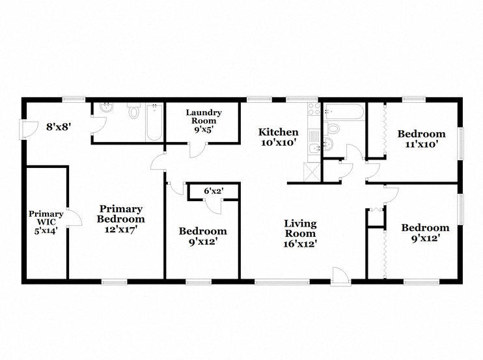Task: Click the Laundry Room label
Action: (x=204, y=117)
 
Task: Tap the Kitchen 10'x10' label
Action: (x=279, y=137)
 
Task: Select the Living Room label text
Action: (x=300, y=228)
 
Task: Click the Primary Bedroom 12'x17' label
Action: (x=121, y=219)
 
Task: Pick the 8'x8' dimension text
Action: (x=59, y=126)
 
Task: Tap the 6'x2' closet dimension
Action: (x=214, y=191)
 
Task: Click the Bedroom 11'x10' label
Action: (x=421, y=139)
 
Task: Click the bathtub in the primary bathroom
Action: (x=154, y=122)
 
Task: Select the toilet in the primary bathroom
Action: (x=133, y=111)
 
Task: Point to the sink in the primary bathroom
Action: (x=107, y=107)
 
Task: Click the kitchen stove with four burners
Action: (x=314, y=109)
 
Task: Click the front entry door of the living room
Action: (x=340, y=276)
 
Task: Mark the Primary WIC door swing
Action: (x=74, y=217)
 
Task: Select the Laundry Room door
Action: (x=198, y=150)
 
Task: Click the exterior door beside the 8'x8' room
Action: (x=29, y=130)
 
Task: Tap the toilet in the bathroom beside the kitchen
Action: (x=331, y=128)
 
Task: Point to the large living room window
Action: (x=282, y=282)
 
